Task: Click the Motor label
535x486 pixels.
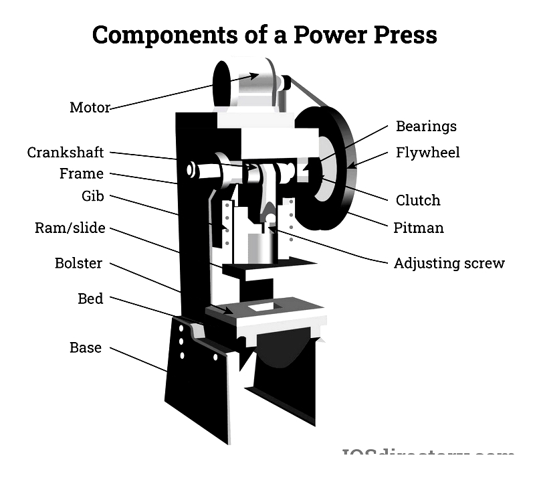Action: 90,107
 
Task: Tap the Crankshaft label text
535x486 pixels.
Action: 66,153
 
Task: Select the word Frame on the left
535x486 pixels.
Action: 82,174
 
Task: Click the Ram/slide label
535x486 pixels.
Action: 70,228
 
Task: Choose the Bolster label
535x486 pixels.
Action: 79,263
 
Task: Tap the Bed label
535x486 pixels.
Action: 90,299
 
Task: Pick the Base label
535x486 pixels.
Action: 86,347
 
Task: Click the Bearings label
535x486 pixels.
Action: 426,126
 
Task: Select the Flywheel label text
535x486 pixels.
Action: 428,153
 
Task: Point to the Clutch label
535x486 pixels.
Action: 418,200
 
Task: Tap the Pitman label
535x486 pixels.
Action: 418,228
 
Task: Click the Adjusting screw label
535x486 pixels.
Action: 449,263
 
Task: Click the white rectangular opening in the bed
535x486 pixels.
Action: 261,307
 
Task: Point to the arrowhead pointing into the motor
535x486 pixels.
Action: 253,75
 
